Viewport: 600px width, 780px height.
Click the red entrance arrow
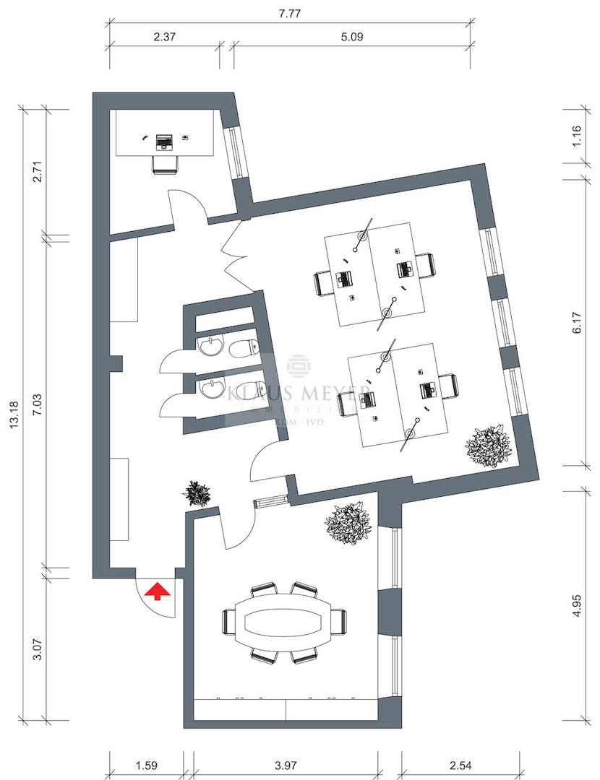click(157, 592)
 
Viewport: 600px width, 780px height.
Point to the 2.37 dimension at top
click(165, 37)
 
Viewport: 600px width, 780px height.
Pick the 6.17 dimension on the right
click(576, 321)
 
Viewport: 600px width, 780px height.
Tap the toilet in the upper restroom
click(243, 350)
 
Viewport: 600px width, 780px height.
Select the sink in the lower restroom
click(213, 389)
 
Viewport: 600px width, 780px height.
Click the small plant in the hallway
click(197, 494)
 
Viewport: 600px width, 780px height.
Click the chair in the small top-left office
click(166, 164)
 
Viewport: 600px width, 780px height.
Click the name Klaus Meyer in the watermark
click(298, 394)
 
